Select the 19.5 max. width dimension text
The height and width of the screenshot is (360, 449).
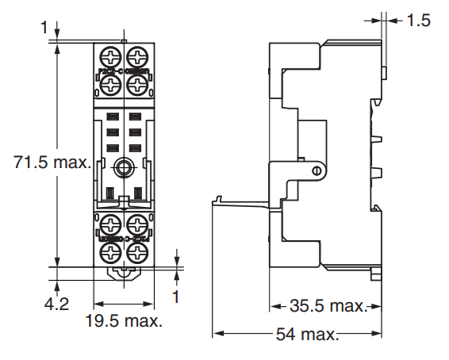(x=125, y=321)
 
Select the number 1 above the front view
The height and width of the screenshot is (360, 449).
(x=43, y=29)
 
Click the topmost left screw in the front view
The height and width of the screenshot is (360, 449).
(x=110, y=58)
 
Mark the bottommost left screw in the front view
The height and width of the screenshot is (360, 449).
(x=110, y=252)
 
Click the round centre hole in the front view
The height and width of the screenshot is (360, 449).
(x=124, y=167)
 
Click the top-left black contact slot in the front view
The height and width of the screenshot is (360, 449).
(x=112, y=118)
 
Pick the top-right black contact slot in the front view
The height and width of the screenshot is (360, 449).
(x=135, y=118)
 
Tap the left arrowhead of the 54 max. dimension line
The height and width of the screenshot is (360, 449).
(x=217, y=334)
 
